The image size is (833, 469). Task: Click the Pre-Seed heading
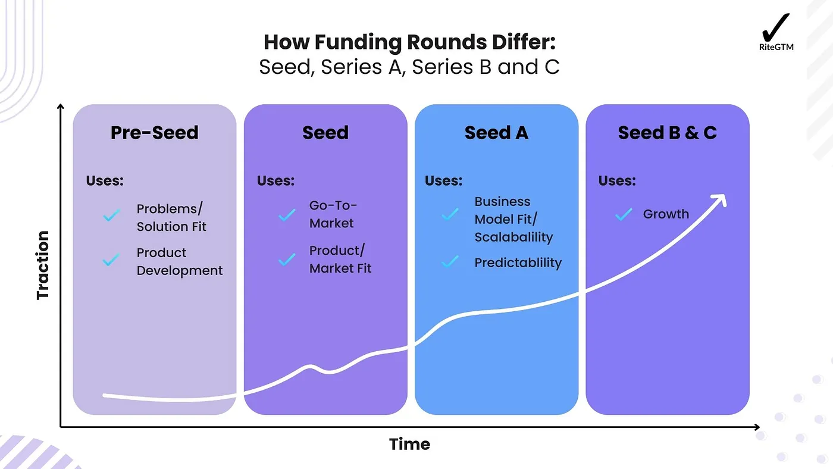pos(154,132)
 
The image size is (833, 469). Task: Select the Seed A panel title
pos(496,132)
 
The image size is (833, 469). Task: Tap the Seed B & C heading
pos(667,132)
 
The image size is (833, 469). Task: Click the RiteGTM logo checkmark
pos(776,27)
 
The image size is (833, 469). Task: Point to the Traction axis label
pos(43,265)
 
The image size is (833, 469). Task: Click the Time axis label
pos(409,444)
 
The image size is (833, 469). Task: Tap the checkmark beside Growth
pos(624,214)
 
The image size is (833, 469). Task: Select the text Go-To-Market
pos(333,214)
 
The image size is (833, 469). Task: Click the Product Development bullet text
pos(179,261)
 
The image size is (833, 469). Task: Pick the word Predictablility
pos(518,262)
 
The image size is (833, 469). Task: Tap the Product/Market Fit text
pos(340,259)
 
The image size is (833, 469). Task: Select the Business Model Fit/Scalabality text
pos(513,219)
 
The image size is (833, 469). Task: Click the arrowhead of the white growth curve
pos(722,201)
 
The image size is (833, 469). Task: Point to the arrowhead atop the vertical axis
pos(60,107)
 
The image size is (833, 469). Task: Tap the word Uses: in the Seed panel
pos(275,180)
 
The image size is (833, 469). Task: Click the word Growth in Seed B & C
pos(666,214)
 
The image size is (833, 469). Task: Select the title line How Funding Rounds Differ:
pos(409,42)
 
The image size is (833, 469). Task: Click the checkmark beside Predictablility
pos(450,261)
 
